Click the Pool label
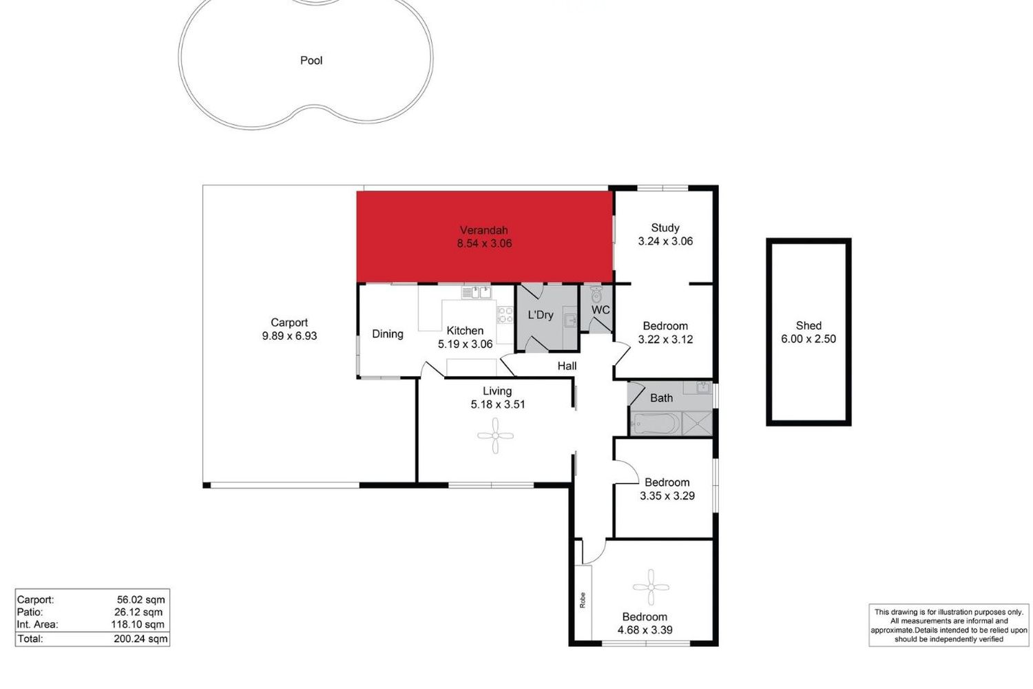pyautogui.click(x=311, y=61)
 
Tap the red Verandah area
pyautogui.click(x=485, y=237)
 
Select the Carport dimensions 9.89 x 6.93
pyautogui.click(x=290, y=336)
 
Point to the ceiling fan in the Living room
pyautogui.click(x=495, y=435)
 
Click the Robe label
pyautogui.click(x=583, y=600)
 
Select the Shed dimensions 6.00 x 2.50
pyautogui.click(x=808, y=339)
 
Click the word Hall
pyautogui.click(x=567, y=366)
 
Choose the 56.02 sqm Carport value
pyautogui.click(x=140, y=600)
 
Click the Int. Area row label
pyautogui.click(x=38, y=625)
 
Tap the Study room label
pyautogui.click(x=665, y=228)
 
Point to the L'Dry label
pyautogui.click(x=541, y=315)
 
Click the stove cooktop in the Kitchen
pyautogui.click(x=505, y=315)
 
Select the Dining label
pyautogui.click(x=387, y=334)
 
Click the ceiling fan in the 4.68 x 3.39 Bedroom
pyautogui.click(x=651, y=587)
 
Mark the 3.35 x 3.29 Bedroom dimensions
pyautogui.click(x=667, y=496)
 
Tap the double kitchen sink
pyautogui.click(x=477, y=293)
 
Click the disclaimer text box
pyautogui.click(x=948, y=626)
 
